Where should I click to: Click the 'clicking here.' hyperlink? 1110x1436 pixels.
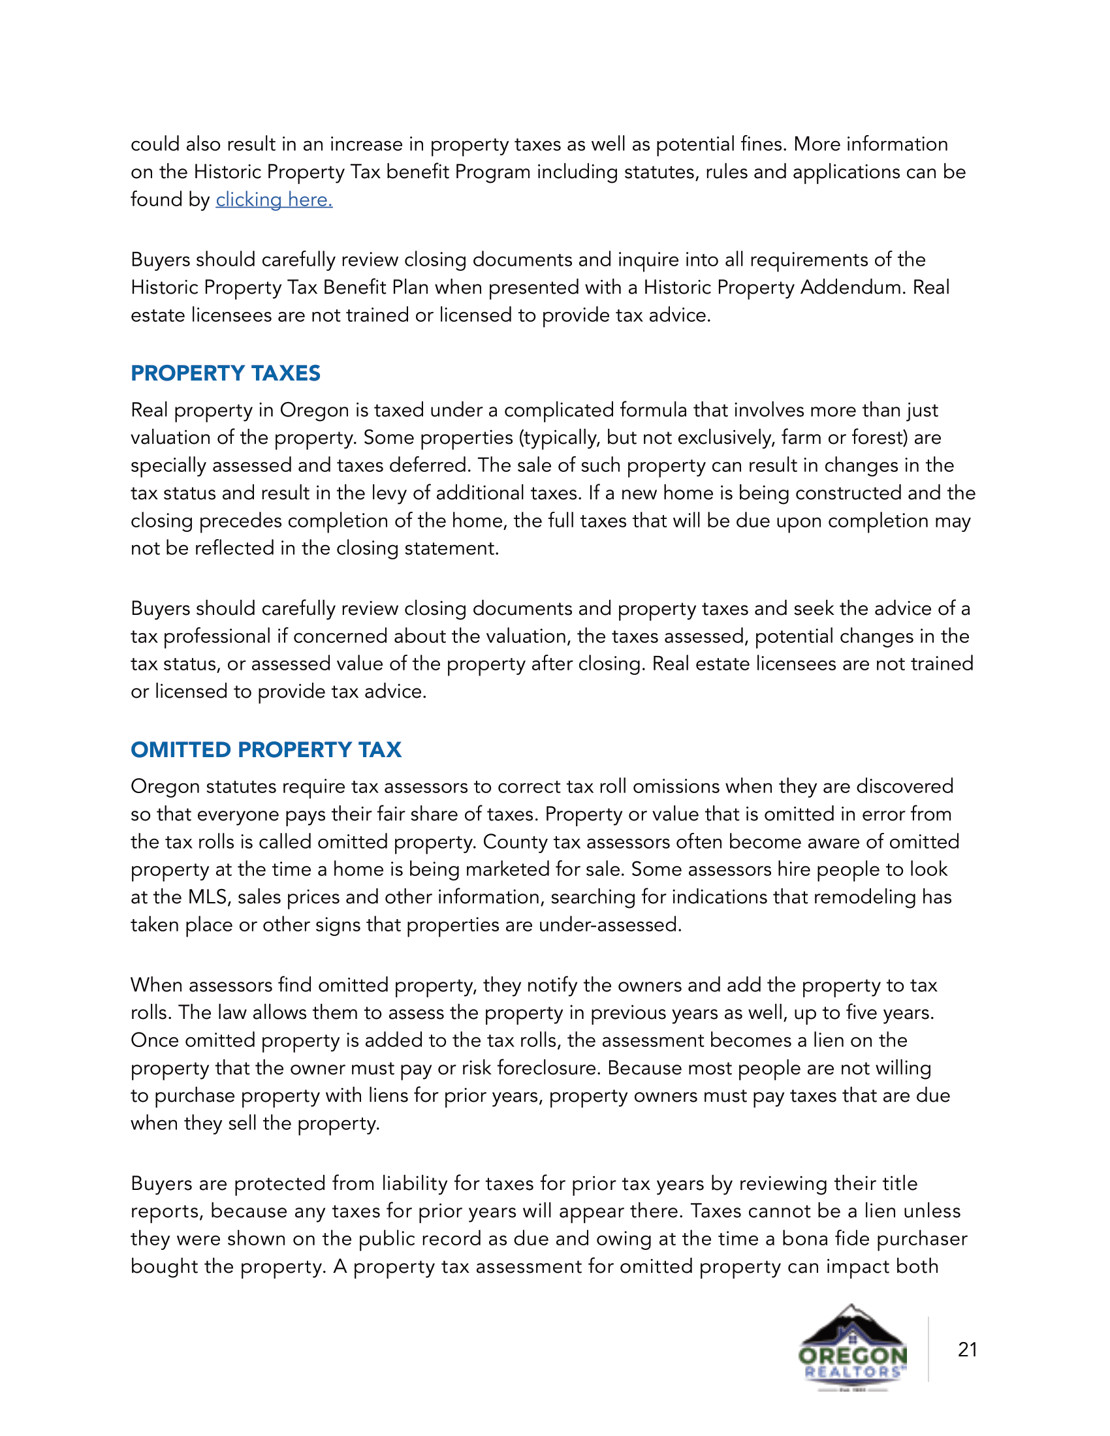click(274, 200)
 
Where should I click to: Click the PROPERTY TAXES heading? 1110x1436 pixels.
click(225, 373)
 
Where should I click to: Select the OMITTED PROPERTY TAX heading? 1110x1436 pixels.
click(266, 749)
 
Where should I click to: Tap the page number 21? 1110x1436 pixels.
click(967, 1349)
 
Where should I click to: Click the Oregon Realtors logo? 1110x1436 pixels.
click(853, 1348)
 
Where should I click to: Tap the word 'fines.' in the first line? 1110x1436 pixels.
click(763, 144)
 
